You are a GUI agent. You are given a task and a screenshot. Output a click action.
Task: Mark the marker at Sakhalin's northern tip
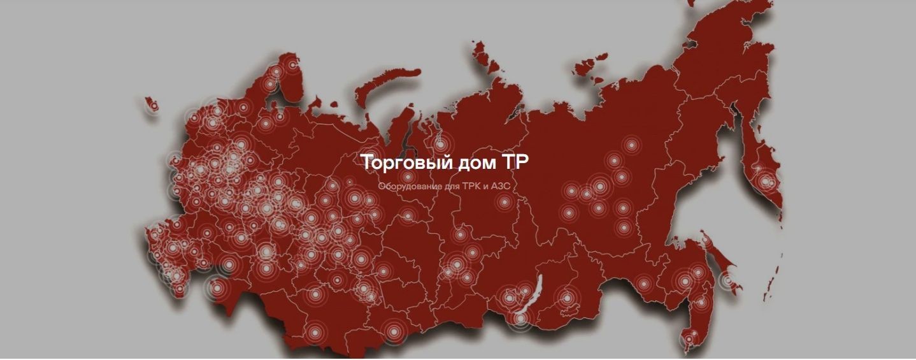pyautogui.click(x=705, y=240)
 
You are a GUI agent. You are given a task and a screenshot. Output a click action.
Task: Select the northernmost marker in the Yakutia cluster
pyautogui.click(x=631, y=145)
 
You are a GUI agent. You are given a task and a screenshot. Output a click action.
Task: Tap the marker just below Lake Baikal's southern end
pyautogui.click(x=520, y=319)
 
